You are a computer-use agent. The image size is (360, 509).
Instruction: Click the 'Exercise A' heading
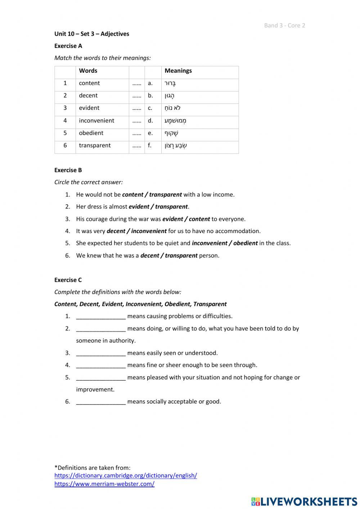coord(68,46)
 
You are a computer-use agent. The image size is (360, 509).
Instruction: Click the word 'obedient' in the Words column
coord(91,133)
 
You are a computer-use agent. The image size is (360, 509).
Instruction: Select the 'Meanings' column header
coord(178,71)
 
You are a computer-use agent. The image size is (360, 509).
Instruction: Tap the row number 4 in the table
coord(65,121)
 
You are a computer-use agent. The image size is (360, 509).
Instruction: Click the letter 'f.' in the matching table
coord(150,146)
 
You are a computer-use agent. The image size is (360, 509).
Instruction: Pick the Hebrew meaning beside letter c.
coord(172,108)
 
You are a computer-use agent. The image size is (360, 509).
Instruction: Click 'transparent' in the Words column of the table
coord(95,146)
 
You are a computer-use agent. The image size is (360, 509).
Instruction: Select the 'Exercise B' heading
coord(68,170)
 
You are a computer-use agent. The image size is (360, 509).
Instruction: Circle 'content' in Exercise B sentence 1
coord(132,195)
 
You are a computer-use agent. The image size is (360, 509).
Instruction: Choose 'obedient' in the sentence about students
coord(245,243)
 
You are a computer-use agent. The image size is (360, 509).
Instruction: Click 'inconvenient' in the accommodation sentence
coord(149,231)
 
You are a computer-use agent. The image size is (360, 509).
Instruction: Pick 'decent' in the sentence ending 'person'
coord(149,255)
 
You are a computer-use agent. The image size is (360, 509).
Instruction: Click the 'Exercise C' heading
coord(68,280)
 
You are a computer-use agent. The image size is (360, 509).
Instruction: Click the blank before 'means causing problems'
coord(101,317)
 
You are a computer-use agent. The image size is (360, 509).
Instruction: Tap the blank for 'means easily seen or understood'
coord(101,353)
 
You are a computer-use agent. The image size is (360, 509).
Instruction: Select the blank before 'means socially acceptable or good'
coord(101,402)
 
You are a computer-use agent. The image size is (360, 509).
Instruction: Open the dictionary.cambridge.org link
coord(126,475)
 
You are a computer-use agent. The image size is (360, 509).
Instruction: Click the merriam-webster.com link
coord(104,484)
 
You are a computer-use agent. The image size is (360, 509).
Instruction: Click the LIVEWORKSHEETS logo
coord(304,501)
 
